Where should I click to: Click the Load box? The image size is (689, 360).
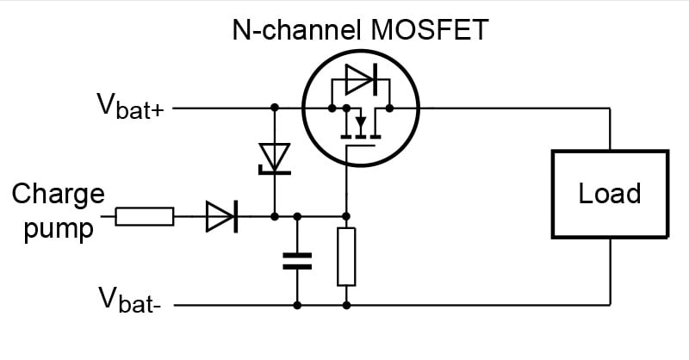tap(609, 193)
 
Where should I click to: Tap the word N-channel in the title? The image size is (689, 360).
tap(292, 31)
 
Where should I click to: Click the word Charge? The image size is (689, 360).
tap(58, 193)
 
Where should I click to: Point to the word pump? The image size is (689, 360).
tap(58, 228)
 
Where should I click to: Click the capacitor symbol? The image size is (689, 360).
tap(297, 261)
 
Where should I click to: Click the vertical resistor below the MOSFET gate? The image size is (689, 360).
tap(346, 257)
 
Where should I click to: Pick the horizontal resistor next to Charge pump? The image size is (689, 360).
tap(145, 216)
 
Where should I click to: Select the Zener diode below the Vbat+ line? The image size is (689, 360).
tap(274, 158)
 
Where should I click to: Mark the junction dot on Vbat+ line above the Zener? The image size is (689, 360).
tap(274, 109)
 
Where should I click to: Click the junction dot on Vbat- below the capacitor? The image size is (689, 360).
tap(297, 305)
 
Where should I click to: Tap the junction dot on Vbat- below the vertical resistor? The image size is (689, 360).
tap(346, 305)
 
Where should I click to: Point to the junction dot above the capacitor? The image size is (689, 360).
tap(297, 216)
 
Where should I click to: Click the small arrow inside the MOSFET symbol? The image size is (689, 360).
tap(360, 121)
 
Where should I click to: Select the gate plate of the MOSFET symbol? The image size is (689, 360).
tap(361, 147)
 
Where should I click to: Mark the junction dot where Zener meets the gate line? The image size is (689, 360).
tap(274, 216)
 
